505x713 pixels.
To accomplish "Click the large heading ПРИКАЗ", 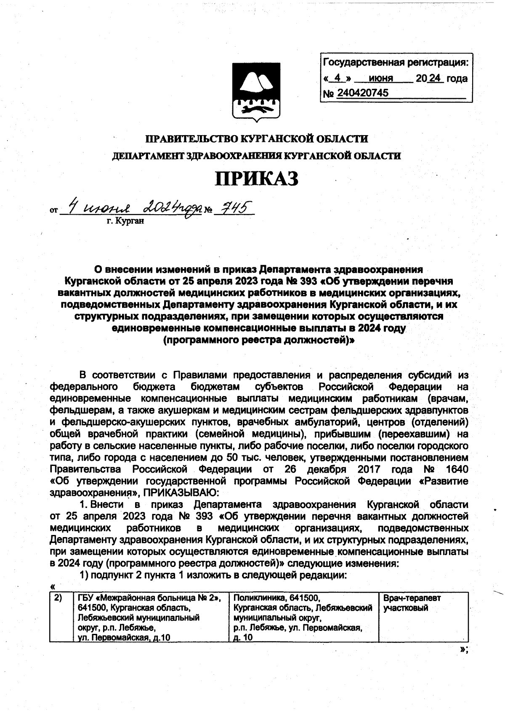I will [x=257, y=178].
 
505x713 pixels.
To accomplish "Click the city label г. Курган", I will [x=125, y=221].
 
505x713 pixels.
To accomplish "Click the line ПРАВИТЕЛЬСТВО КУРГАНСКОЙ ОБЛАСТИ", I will [x=257, y=138].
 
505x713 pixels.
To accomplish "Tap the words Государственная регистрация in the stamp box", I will [x=395, y=63].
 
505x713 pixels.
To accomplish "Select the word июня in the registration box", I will [x=380, y=78].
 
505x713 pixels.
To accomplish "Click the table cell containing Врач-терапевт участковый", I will [x=423, y=617].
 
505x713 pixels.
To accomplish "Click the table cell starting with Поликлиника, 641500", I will [x=303, y=617].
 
